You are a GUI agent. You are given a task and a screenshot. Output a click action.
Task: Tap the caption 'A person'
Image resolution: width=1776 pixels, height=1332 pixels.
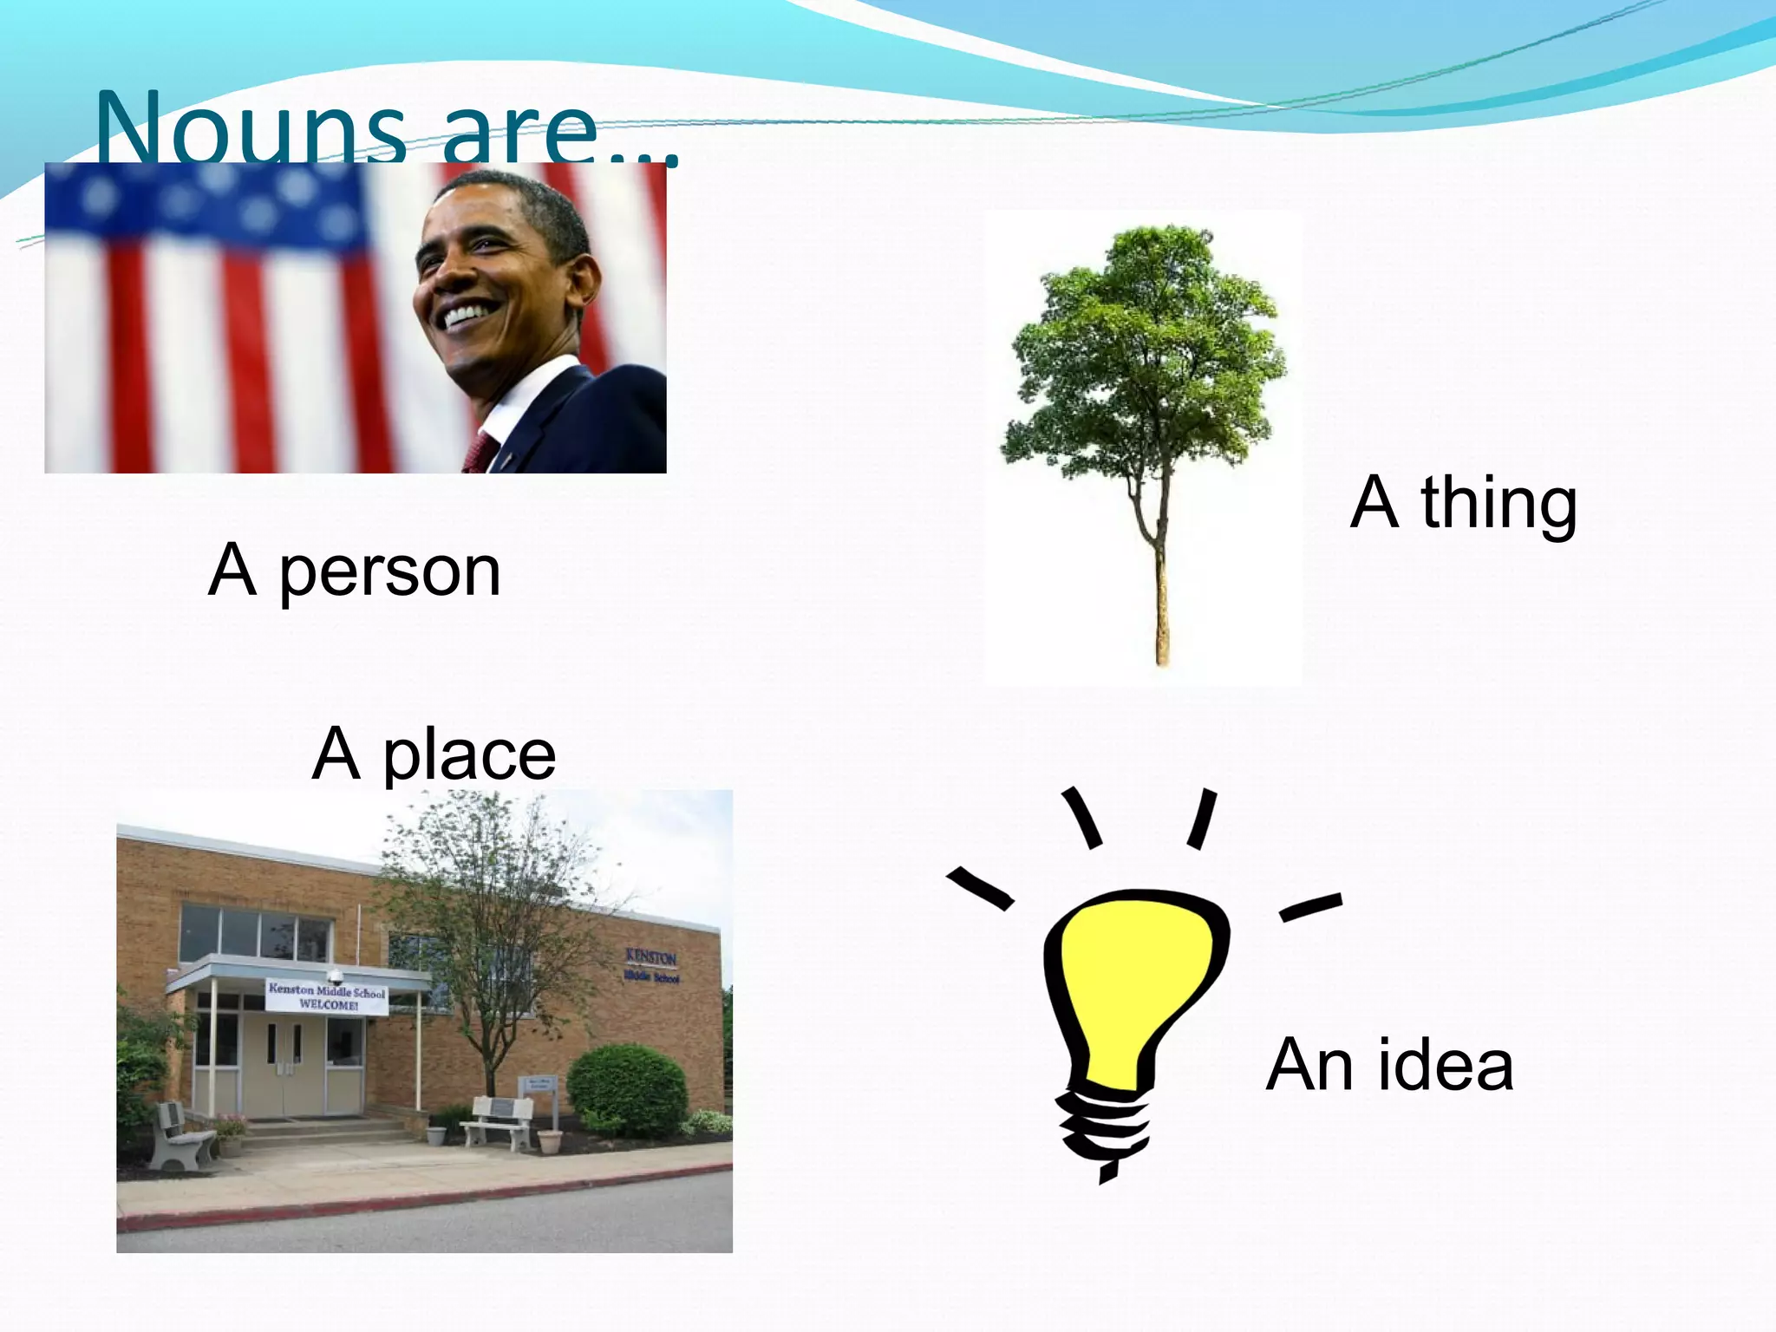point(355,571)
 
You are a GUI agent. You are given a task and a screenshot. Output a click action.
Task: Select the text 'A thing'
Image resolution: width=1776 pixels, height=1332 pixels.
point(1464,503)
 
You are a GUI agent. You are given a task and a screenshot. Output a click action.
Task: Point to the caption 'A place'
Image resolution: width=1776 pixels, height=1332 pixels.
point(434,754)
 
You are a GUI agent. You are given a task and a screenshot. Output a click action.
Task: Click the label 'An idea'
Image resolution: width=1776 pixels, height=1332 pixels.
point(1389,1065)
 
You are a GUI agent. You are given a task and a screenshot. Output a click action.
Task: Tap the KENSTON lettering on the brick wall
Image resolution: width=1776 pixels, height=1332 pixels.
point(651,957)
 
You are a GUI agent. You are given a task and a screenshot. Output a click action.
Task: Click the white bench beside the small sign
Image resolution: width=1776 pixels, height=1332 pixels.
point(499,1120)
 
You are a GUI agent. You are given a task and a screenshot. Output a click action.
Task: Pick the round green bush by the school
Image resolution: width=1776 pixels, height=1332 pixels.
point(627,1089)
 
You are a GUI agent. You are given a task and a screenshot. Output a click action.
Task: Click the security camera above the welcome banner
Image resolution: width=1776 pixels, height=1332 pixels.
point(335,975)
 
